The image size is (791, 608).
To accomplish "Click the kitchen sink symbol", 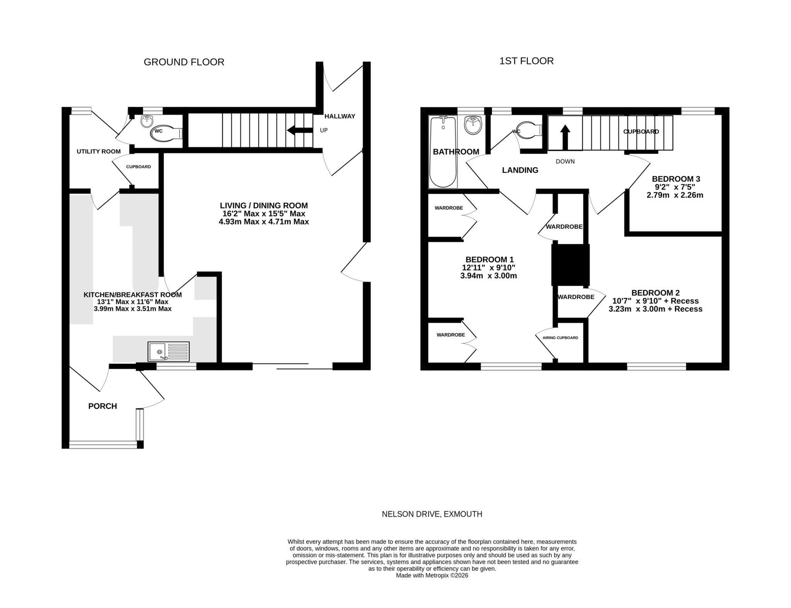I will tap(168, 351).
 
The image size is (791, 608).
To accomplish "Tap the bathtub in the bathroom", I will tap(443, 152).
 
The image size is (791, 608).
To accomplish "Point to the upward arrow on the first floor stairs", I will tap(565, 137).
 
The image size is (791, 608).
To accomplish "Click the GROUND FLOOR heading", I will tap(184, 62).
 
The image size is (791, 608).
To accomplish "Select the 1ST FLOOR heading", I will tap(526, 61).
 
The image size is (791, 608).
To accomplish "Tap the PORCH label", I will tap(102, 406).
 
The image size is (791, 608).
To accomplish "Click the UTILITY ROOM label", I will tap(98, 152).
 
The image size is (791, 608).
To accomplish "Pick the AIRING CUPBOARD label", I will tap(560, 338).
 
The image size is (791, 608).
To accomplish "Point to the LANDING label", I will tap(520, 170).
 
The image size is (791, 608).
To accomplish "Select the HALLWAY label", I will tap(339, 116).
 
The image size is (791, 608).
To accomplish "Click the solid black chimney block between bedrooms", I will tap(570, 265).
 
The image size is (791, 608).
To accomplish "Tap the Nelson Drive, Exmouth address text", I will tap(432, 514).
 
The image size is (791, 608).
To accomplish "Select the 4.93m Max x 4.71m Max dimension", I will tap(264, 222).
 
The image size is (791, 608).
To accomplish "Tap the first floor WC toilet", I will tap(528, 130).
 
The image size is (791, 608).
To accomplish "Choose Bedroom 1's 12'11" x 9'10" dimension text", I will tap(489, 268).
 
